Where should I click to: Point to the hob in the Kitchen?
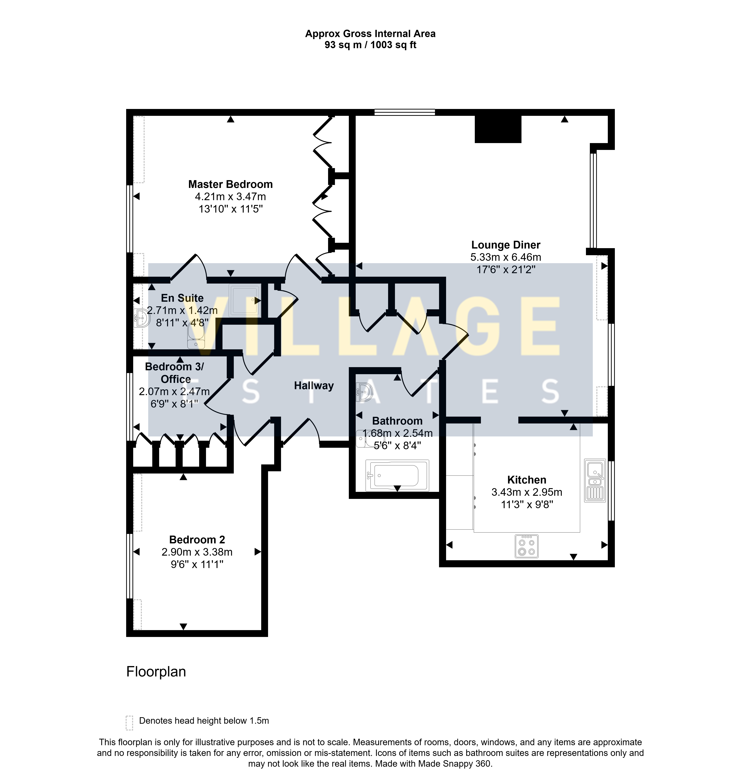(x=526, y=546)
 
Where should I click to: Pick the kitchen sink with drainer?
(x=595, y=480)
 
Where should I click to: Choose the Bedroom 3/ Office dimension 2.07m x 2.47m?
(x=174, y=391)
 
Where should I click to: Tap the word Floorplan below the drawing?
(x=156, y=672)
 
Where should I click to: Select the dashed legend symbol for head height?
(x=129, y=723)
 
